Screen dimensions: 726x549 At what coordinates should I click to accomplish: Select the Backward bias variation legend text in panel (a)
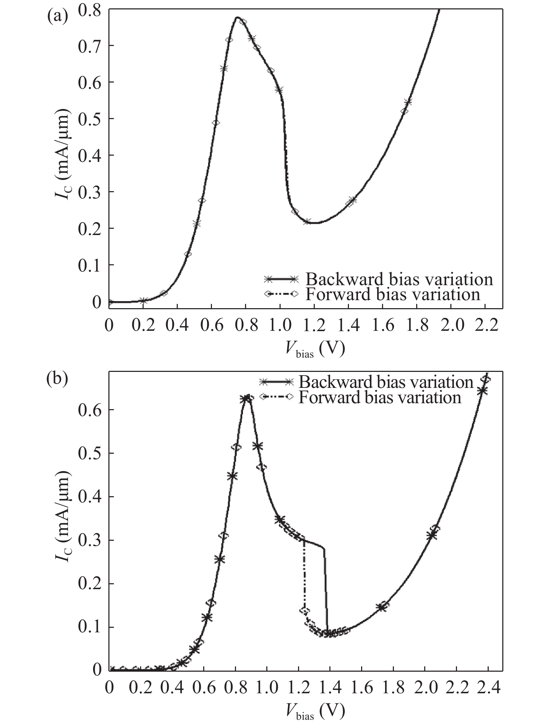tap(399, 279)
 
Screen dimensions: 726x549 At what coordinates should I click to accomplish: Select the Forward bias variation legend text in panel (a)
tap(392, 294)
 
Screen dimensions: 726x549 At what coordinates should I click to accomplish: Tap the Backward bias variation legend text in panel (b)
tap(386, 382)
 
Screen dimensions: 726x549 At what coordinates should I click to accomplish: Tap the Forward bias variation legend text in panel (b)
tap(380, 397)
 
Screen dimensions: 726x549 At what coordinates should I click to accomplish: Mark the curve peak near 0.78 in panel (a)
tap(237, 17)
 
